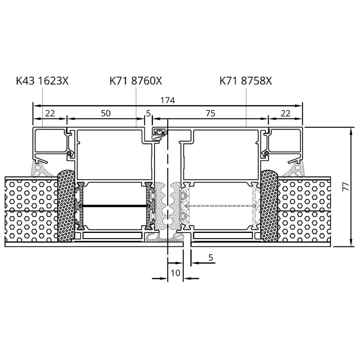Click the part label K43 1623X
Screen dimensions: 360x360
42,81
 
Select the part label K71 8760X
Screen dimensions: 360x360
136,81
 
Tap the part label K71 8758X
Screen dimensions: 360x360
246,81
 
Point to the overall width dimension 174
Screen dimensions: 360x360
168,100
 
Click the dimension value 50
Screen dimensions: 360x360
106,113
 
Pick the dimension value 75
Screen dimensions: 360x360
210,113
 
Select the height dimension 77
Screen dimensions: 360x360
346,186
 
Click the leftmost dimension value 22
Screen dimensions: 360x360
50,113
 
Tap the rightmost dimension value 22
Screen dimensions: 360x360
285,113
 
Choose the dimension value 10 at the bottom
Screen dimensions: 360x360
175,273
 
